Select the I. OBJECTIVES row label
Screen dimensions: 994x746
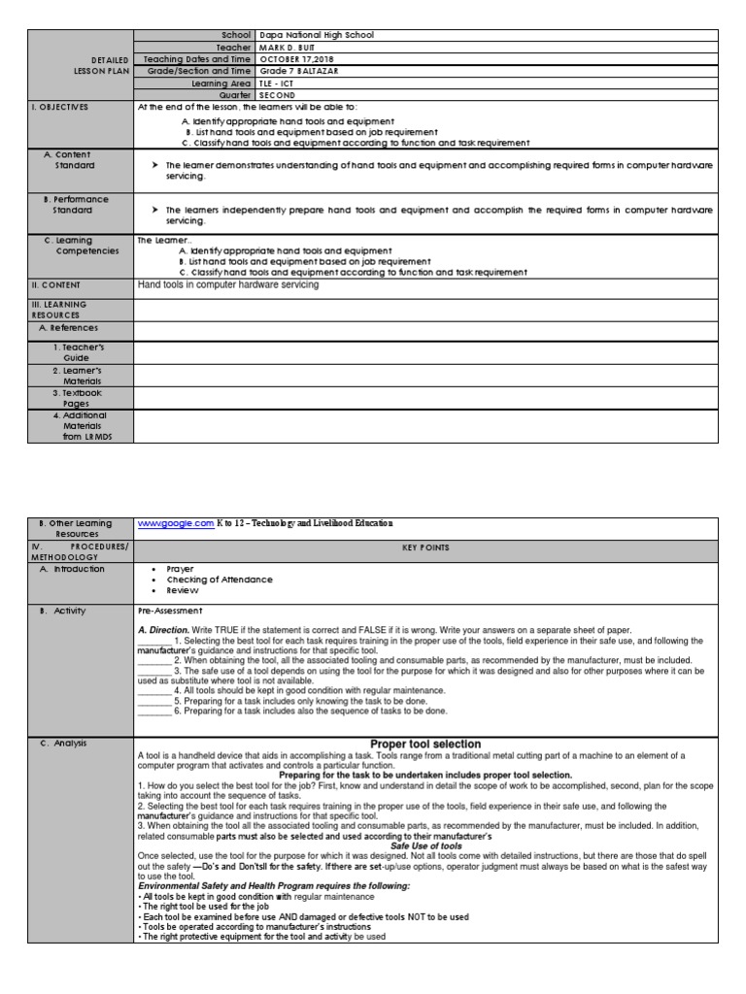coord(60,107)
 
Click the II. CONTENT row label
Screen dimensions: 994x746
coord(56,285)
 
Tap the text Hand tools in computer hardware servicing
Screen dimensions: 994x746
coord(228,285)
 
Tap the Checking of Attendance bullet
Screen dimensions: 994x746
coord(220,580)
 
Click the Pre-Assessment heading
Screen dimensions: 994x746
coord(171,612)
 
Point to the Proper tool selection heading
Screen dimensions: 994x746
coord(425,744)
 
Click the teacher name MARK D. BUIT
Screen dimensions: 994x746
coord(288,47)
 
